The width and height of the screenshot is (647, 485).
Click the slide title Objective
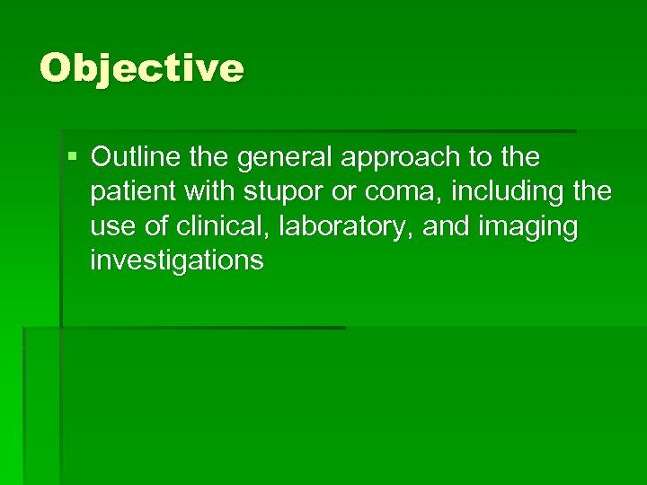(x=142, y=68)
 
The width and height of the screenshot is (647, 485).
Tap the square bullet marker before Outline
(x=72, y=158)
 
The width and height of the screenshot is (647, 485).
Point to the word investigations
(x=176, y=260)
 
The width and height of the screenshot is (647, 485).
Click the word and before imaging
(x=447, y=226)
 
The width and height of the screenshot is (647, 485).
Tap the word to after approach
(x=483, y=158)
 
